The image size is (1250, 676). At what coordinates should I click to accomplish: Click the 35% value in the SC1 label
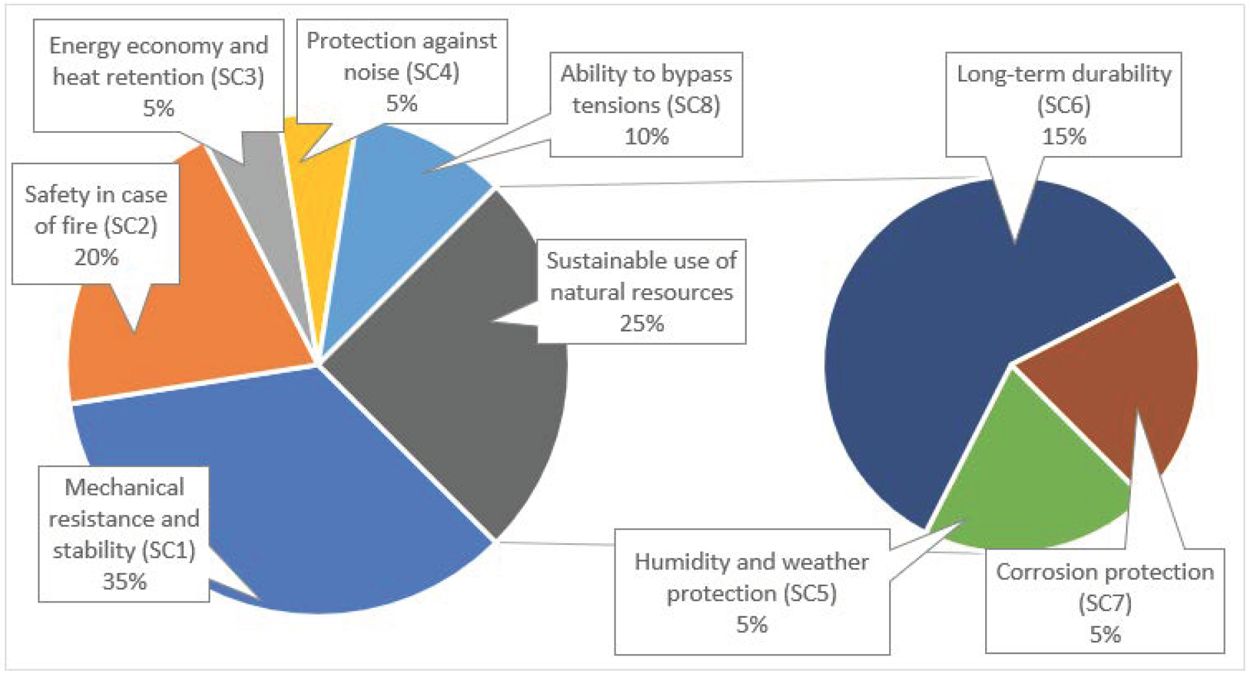124,581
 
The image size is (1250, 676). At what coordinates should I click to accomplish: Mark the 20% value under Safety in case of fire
96,257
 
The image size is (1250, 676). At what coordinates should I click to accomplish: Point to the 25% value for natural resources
642,323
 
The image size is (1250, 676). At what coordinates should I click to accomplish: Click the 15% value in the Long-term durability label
1064,136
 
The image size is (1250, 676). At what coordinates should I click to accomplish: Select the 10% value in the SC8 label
646,136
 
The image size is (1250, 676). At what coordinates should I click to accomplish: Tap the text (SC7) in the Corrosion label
1105,603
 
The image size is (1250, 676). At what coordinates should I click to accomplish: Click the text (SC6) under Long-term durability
1064,105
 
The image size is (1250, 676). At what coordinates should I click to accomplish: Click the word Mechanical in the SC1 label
124,487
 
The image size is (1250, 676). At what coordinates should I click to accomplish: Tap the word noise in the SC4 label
371,71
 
